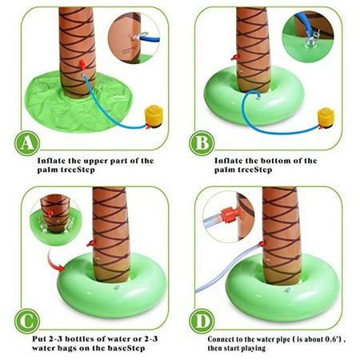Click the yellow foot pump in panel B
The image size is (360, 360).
[x=325, y=117]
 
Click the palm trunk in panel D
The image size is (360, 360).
[x=282, y=232]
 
